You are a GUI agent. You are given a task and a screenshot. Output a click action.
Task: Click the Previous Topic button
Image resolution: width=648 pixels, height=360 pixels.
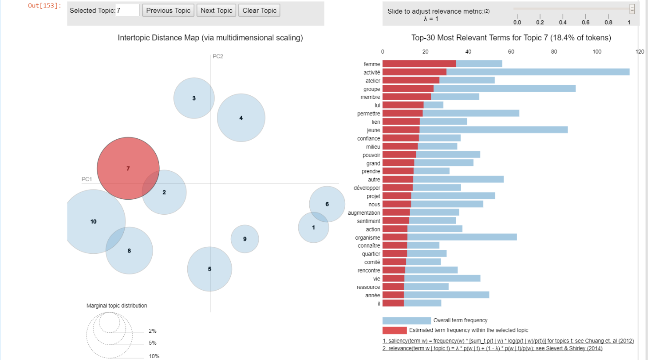pyautogui.click(x=168, y=11)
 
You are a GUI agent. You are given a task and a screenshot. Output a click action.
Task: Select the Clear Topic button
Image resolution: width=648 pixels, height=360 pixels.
pyautogui.click(x=259, y=11)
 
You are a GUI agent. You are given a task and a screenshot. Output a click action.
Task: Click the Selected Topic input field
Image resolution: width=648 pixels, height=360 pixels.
pyautogui.click(x=127, y=11)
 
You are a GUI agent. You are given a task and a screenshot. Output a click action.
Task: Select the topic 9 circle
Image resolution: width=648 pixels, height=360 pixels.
pyautogui.click(x=245, y=239)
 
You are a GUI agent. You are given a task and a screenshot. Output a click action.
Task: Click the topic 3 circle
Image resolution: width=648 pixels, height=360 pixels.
pyautogui.click(x=194, y=98)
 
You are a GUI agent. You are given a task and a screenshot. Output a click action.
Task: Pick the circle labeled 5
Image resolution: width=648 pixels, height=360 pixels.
pyautogui.click(x=210, y=269)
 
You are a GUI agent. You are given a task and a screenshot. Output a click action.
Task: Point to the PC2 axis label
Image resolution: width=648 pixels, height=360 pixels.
pyautogui.click(x=218, y=56)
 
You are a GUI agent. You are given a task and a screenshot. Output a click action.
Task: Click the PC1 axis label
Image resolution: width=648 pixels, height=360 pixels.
pyautogui.click(x=87, y=179)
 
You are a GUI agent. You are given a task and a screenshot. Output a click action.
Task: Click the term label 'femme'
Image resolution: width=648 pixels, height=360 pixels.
pyautogui.click(x=372, y=64)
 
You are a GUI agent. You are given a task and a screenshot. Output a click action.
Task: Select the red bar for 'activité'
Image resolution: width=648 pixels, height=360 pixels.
pyautogui.click(x=414, y=72)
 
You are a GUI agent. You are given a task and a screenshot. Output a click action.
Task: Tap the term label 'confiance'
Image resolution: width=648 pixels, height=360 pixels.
pyautogui.click(x=369, y=138)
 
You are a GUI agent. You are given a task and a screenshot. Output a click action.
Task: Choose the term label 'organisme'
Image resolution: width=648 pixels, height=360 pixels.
pyautogui.click(x=368, y=238)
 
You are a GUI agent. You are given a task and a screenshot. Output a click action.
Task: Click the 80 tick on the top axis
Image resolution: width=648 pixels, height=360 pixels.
pyautogui.click(x=554, y=52)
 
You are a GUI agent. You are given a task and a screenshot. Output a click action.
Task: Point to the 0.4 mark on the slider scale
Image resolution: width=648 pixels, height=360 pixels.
pyautogui.click(x=563, y=22)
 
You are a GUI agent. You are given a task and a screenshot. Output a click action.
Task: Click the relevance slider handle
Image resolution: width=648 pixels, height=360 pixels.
pyautogui.click(x=632, y=9)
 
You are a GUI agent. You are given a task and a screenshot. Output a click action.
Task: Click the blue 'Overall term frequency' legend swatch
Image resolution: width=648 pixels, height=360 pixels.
pyautogui.click(x=407, y=320)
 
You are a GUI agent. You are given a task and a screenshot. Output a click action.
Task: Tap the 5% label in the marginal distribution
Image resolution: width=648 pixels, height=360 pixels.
pyautogui.click(x=153, y=343)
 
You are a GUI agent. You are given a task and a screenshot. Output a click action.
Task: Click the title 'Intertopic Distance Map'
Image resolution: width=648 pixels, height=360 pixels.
pyautogui.click(x=210, y=38)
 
